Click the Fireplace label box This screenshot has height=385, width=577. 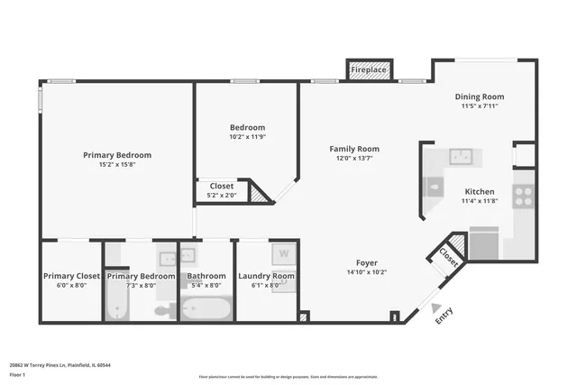tap(368, 70)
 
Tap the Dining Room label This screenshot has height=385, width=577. tap(480, 96)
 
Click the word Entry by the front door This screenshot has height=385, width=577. tap(444, 316)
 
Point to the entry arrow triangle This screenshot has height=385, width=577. tap(436, 307)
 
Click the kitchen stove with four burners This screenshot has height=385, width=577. tap(523, 196)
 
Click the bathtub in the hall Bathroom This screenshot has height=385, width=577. tap(206, 309)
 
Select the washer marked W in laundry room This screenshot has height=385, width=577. tap(283, 252)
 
